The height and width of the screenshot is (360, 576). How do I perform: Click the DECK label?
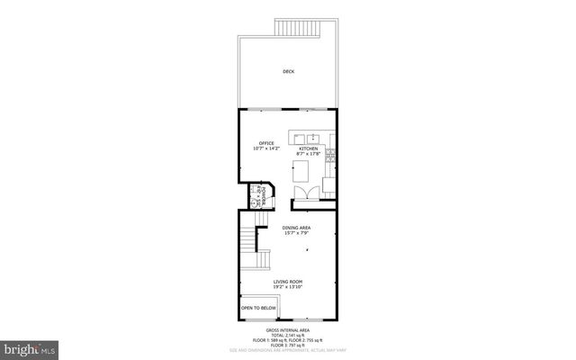coord(288,72)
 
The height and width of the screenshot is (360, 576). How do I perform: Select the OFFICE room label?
coord(266,142)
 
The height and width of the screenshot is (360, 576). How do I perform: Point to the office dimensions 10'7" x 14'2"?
coord(266,148)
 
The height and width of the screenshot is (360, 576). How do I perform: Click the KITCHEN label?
coord(309,148)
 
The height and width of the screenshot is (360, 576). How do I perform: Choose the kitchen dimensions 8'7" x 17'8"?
coord(309,154)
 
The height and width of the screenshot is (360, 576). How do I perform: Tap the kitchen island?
coord(310,168)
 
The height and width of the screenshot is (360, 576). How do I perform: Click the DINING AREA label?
coord(296,228)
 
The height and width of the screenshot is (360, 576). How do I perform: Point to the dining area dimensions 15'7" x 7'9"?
coord(296,234)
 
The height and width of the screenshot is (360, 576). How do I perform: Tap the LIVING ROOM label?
coord(288,281)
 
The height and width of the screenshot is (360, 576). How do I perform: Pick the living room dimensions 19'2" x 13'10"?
coord(288,287)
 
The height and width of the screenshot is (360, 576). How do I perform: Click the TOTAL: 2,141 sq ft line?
coord(288,336)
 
